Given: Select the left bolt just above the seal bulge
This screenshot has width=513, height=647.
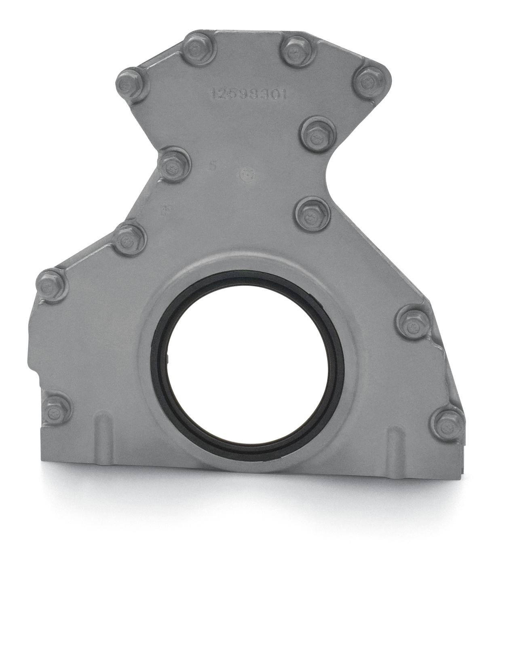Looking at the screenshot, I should [x=130, y=239].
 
